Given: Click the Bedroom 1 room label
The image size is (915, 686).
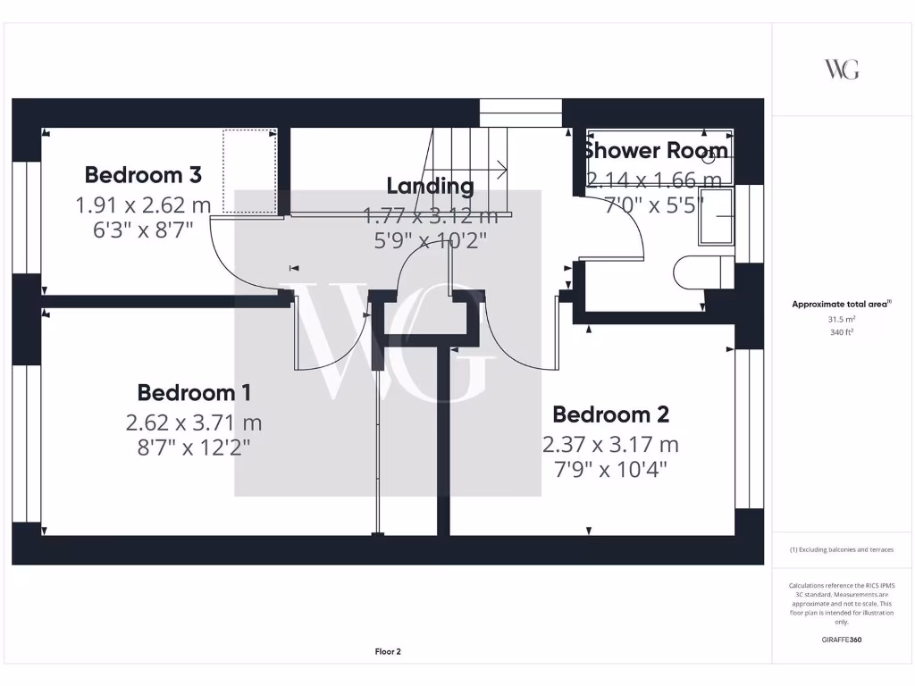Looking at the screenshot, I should (194, 392).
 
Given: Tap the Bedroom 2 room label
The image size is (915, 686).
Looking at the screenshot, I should (610, 414).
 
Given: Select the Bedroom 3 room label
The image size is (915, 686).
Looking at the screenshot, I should (143, 173).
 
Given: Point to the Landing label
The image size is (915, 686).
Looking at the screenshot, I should (430, 186).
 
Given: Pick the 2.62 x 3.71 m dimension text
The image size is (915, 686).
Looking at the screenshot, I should (194, 422).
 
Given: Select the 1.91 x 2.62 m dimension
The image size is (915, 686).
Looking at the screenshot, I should (143, 205).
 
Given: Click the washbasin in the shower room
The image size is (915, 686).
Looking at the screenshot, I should (716, 215).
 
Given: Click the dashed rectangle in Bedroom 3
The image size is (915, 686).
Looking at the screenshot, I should (249, 171).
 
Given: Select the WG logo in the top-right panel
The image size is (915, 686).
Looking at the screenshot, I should (842, 69).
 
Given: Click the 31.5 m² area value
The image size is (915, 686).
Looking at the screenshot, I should (842, 318).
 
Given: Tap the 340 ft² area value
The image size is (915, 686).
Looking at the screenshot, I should (842, 331).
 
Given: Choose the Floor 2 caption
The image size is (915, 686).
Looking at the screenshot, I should (388, 652).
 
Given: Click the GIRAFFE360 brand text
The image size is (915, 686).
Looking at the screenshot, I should (842, 640).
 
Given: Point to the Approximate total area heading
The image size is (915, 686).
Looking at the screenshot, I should (841, 304).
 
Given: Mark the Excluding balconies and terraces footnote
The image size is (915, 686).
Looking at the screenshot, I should (842, 549).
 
